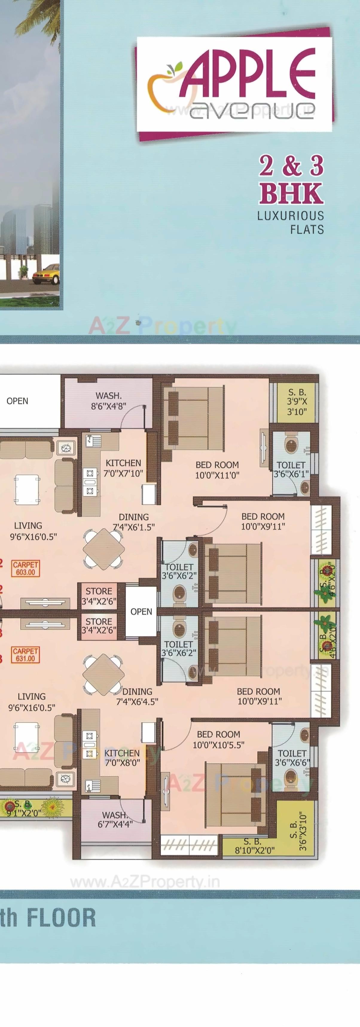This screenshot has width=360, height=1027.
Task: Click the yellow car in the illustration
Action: (45, 274)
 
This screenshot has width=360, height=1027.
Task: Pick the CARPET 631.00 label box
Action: (25, 655)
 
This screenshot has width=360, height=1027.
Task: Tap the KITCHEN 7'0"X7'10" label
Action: (123, 468)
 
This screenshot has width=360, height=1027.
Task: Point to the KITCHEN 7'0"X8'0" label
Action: (122, 758)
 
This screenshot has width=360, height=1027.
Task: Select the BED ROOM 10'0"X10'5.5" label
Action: (219, 740)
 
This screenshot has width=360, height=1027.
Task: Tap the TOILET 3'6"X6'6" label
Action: (292, 758)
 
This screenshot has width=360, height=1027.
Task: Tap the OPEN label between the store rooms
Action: (141, 612)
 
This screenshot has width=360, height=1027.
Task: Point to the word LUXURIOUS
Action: (290, 216)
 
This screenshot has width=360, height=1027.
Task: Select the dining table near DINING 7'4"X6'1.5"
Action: (104, 549)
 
